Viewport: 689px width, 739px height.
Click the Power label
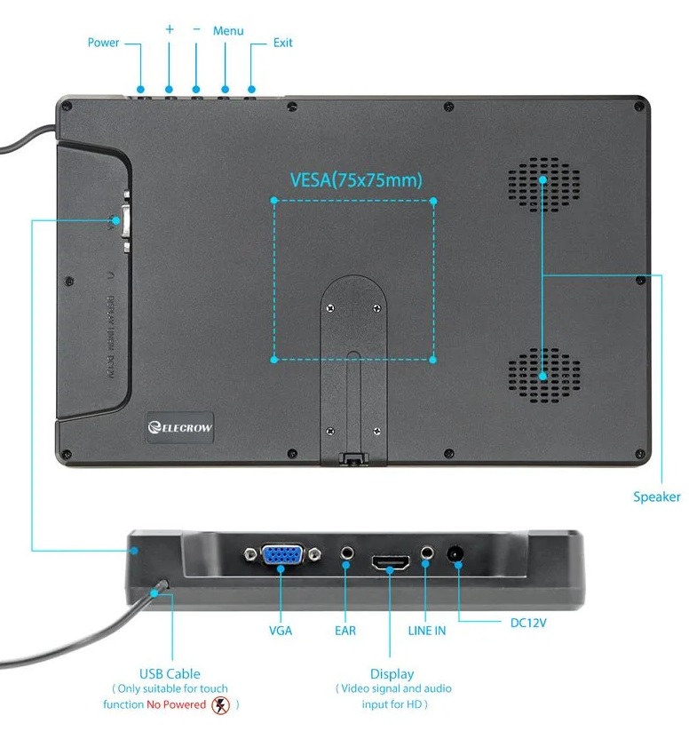point(103,43)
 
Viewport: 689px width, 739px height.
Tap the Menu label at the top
point(228,31)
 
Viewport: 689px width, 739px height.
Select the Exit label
point(282,43)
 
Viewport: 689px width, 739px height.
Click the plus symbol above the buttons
point(170,29)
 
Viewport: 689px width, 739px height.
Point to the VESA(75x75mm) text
point(356,180)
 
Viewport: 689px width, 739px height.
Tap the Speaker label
point(656,497)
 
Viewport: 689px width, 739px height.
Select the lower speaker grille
point(544,373)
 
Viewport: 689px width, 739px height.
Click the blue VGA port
point(281,556)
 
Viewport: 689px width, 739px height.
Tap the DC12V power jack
point(457,554)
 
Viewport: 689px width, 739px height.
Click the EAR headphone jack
point(346,555)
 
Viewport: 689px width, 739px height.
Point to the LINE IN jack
point(427,553)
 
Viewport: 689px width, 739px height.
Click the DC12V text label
point(529,623)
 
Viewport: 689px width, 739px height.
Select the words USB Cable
point(170,673)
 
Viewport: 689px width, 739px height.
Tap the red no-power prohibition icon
point(221,704)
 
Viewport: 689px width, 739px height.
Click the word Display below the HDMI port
point(392,674)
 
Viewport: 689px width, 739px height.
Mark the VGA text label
point(281,631)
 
